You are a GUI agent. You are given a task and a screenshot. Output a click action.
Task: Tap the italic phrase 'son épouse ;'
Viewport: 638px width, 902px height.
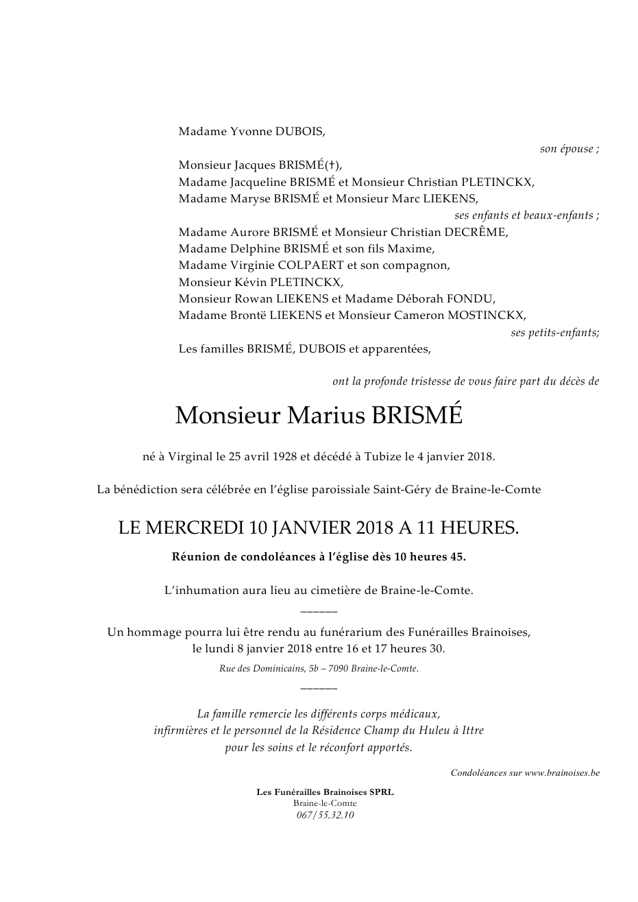[569, 149]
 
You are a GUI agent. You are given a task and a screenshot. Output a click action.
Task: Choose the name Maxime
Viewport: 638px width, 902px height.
[410, 249]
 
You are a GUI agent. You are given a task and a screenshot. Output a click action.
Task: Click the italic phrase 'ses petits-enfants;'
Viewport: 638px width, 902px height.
[555, 333]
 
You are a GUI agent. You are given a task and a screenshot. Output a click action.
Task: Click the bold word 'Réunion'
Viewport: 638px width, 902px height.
[196, 557]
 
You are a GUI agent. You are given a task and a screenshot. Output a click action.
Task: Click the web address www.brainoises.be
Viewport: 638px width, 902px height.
[562, 773]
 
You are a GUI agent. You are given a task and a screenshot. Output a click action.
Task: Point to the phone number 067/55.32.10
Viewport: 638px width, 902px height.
[325, 816]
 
